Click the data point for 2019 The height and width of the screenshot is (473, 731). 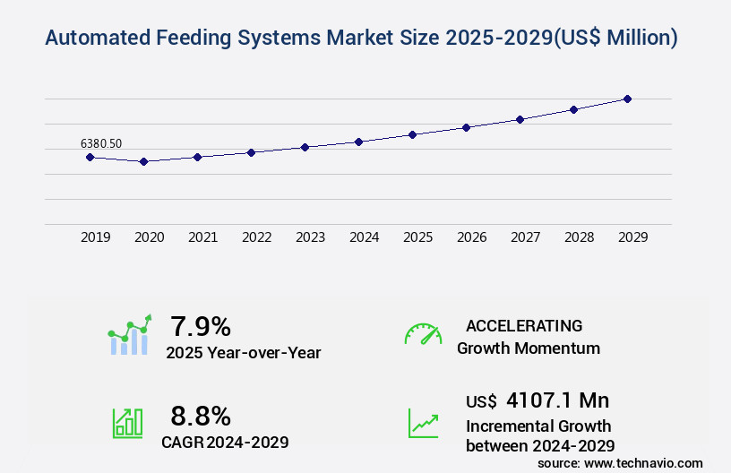point(90,157)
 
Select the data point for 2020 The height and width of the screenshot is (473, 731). point(143,161)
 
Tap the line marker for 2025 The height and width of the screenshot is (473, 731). point(412,134)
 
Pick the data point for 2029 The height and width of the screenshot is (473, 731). point(627,99)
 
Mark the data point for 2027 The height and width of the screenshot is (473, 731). point(520,119)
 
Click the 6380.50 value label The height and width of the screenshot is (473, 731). point(101,143)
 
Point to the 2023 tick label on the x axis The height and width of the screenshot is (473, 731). point(310,237)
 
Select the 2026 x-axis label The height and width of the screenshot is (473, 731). point(471,237)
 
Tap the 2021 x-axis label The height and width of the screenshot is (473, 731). point(202,237)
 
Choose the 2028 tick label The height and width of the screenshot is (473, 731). point(579,237)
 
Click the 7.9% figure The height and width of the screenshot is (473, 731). point(201,326)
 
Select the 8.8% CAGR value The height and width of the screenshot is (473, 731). point(201,416)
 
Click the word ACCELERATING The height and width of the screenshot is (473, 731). point(524,326)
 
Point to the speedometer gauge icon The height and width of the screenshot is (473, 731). point(423,334)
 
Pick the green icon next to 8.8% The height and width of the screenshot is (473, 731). point(127,422)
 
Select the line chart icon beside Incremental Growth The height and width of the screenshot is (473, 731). point(423,423)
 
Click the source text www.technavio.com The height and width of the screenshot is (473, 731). point(644,462)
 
